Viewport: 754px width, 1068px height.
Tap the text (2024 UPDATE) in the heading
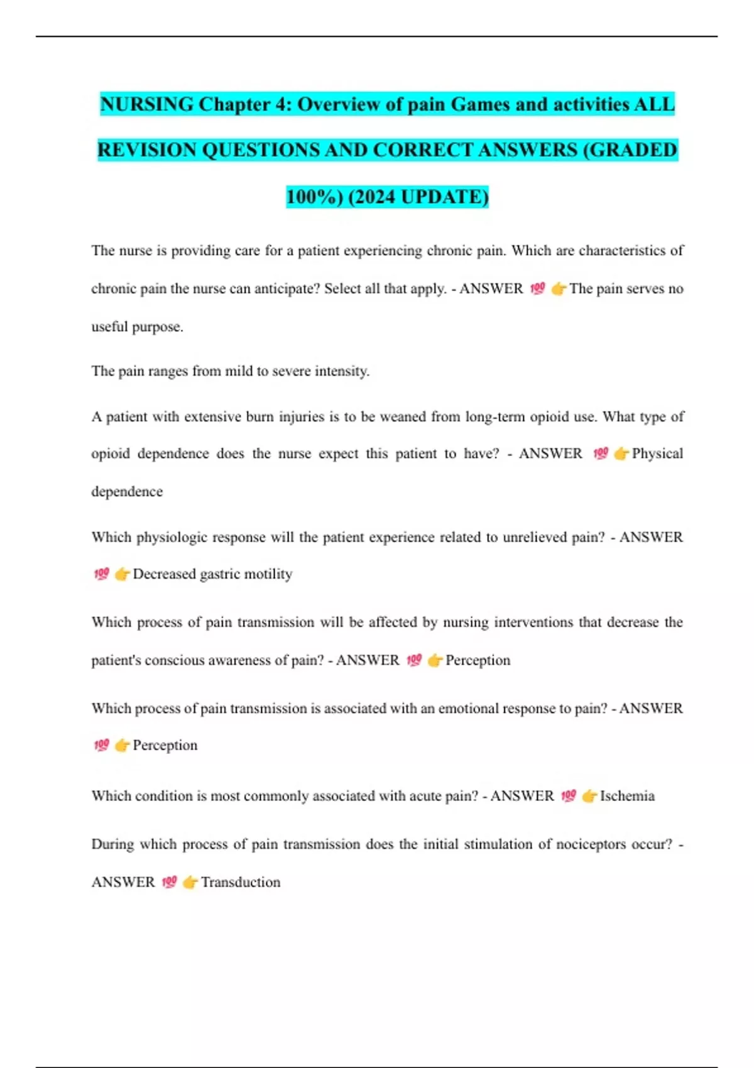click(418, 197)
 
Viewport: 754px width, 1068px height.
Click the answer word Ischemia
click(627, 796)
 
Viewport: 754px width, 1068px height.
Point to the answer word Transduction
click(241, 882)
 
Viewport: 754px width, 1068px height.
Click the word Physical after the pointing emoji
click(657, 454)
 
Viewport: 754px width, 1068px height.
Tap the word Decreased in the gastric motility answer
click(164, 574)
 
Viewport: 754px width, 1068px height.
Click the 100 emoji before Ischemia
click(569, 796)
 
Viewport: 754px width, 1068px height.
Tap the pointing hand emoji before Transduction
click(190, 882)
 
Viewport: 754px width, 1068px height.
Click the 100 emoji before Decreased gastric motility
click(101, 574)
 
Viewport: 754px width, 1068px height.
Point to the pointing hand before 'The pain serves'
click(559, 289)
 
